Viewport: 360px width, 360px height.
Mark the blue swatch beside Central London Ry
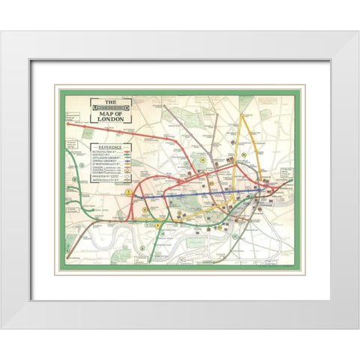pyautogui.click(x=126, y=166)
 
